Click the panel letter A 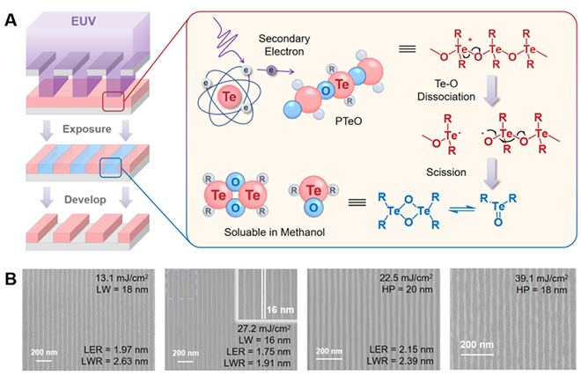click(x=11, y=11)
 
